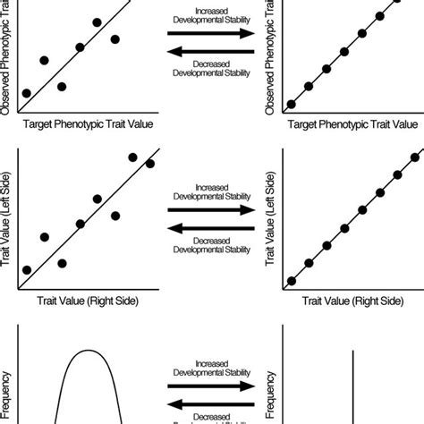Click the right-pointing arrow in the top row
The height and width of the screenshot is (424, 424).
click(213, 33)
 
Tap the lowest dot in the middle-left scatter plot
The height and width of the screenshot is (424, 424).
click(27, 270)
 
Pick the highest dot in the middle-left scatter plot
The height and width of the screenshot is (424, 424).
click(133, 157)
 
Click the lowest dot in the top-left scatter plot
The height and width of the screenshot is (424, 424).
click(27, 93)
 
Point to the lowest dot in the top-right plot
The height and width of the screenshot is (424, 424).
click(291, 104)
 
